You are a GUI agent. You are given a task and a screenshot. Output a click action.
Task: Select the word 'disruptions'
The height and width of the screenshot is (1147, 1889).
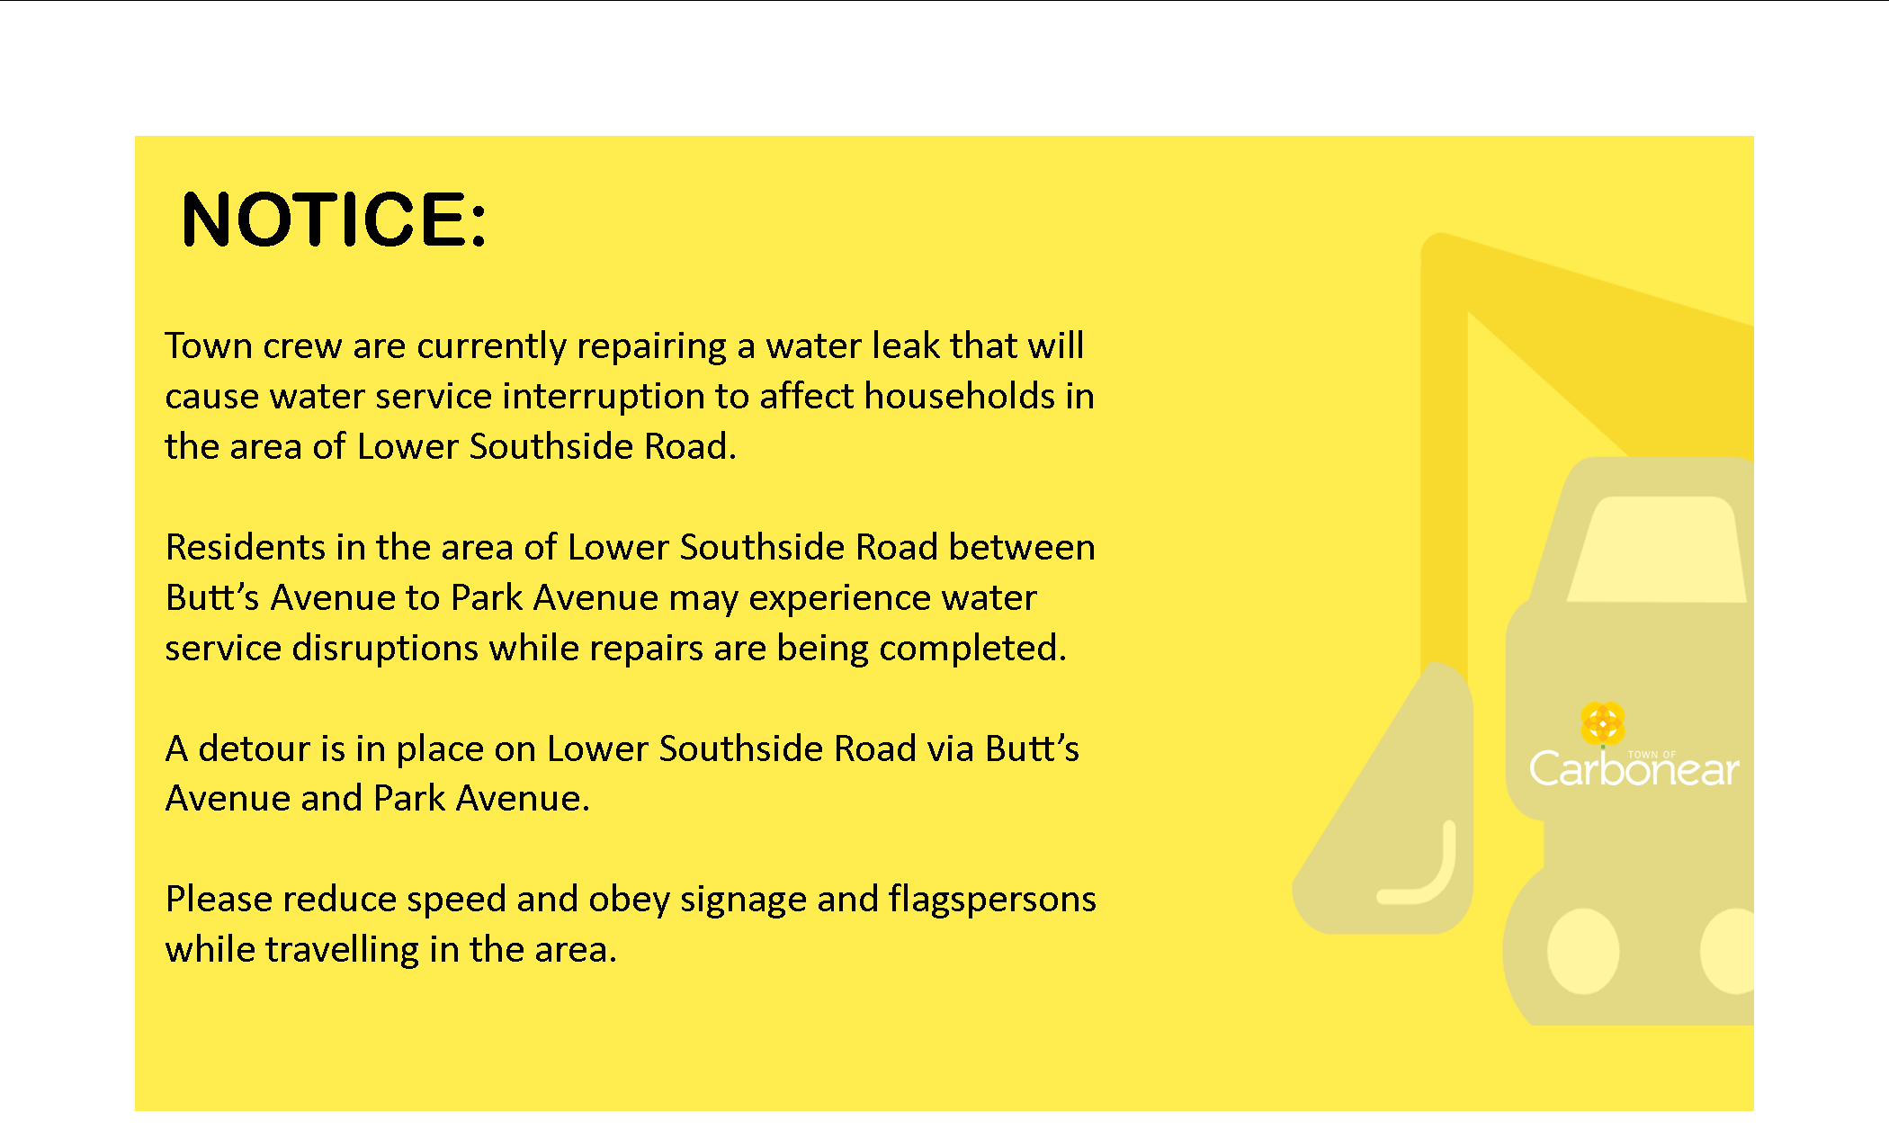pos(385,649)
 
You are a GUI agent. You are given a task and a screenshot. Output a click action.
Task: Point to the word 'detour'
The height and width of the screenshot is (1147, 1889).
pos(254,748)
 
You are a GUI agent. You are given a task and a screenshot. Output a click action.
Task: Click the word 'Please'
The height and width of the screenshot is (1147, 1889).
pos(219,900)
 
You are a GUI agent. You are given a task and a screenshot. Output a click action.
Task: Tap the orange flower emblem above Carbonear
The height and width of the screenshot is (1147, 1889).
pos(1602,723)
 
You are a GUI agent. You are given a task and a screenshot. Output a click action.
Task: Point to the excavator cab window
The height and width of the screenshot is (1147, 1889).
pos(1657,549)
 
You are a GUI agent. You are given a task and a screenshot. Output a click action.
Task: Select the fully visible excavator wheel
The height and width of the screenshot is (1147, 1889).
pos(1583,951)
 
